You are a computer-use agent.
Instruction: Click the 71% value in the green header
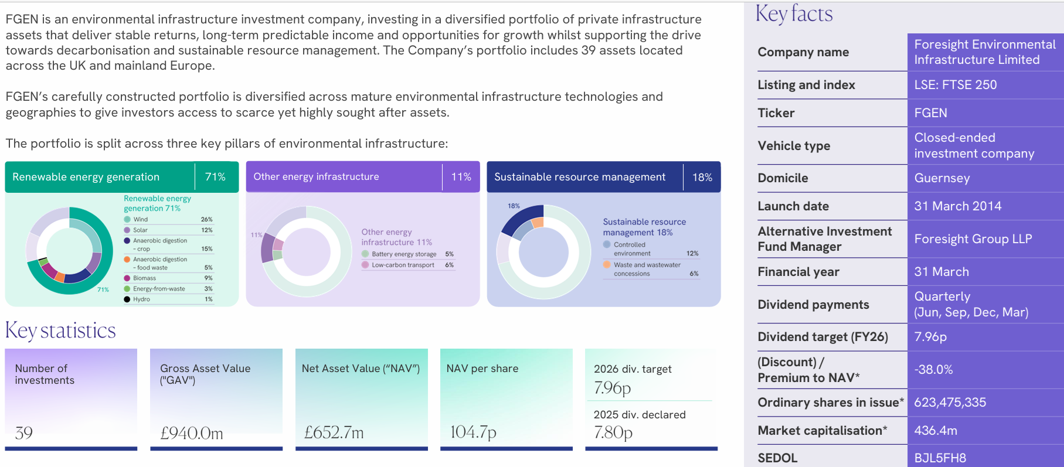click(x=215, y=177)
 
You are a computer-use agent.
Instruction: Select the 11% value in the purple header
click(x=461, y=177)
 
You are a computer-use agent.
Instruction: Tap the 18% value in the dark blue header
click(x=702, y=177)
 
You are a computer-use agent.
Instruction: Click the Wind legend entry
click(x=141, y=220)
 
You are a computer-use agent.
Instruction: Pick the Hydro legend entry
click(x=141, y=299)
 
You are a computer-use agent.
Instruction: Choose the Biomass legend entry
click(x=144, y=278)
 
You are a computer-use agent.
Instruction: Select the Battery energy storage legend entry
click(x=403, y=254)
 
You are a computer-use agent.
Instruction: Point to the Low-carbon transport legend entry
click(x=403, y=265)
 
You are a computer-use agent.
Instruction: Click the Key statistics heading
click(x=60, y=330)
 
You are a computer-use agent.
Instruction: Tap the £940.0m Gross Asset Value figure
click(x=192, y=433)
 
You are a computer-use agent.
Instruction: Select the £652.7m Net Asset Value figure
click(x=334, y=432)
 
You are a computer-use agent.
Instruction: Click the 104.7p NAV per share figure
click(x=473, y=432)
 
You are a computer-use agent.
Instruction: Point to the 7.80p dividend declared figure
click(x=613, y=432)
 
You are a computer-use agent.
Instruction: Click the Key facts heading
click(x=794, y=13)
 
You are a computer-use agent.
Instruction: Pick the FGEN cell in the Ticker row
click(x=930, y=113)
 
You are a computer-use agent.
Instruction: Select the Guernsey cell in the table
click(x=941, y=178)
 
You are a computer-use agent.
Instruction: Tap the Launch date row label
click(x=793, y=206)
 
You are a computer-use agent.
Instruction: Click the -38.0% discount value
click(x=933, y=370)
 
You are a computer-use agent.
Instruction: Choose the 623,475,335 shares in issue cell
click(x=950, y=403)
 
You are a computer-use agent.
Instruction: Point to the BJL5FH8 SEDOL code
click(x=940, y=458)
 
